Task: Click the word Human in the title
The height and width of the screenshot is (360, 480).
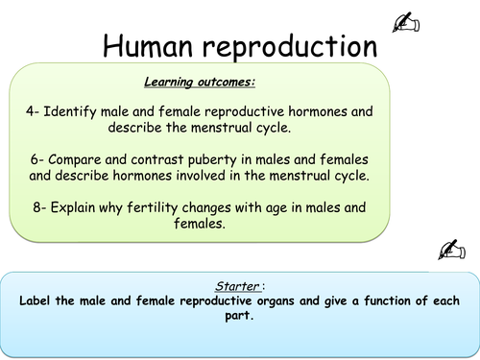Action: click(153, 45)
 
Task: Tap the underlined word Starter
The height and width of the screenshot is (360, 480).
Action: click(235, 285)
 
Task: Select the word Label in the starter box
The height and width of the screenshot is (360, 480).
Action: click(37, 300)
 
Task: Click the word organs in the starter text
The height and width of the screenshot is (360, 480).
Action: click(271, 300)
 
